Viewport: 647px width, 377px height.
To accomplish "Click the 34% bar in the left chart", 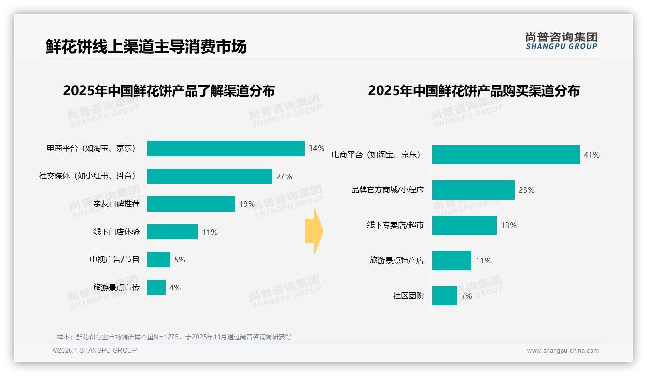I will (x=225, y=148).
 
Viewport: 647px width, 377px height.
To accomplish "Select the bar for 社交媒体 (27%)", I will (x=210, y=176).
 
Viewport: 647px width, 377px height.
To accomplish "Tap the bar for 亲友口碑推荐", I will (x=191, y=204).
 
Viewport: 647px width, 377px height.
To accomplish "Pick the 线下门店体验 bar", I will (x=172, y=232).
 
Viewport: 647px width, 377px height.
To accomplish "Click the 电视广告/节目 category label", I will (x=114, y=260).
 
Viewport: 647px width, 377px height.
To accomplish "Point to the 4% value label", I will (x=175, y=288).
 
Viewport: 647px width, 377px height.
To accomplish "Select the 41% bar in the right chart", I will (x=506, y=155).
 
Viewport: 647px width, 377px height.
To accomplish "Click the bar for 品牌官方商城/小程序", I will (x=473, y=190).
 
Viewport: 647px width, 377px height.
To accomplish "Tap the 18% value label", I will (x=508, y=225).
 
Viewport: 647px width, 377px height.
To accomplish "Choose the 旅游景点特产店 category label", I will (x=396, y=261).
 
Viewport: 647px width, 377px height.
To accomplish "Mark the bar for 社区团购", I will (x=444, y=296).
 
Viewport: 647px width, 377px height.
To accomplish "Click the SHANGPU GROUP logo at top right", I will (x=561, y=41).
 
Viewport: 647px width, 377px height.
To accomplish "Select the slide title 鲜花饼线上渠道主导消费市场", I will (x=146, y=46).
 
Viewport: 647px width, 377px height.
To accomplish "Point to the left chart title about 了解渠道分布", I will (x=169, y=91).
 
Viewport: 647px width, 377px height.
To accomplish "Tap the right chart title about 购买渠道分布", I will (x=474, y=91).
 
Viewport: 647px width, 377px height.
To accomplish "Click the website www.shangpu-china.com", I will (x=563, y=351).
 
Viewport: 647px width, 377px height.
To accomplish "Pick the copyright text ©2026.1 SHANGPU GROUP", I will (x=95, y=350).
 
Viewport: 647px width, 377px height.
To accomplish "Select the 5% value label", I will (x=180, y=260).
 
